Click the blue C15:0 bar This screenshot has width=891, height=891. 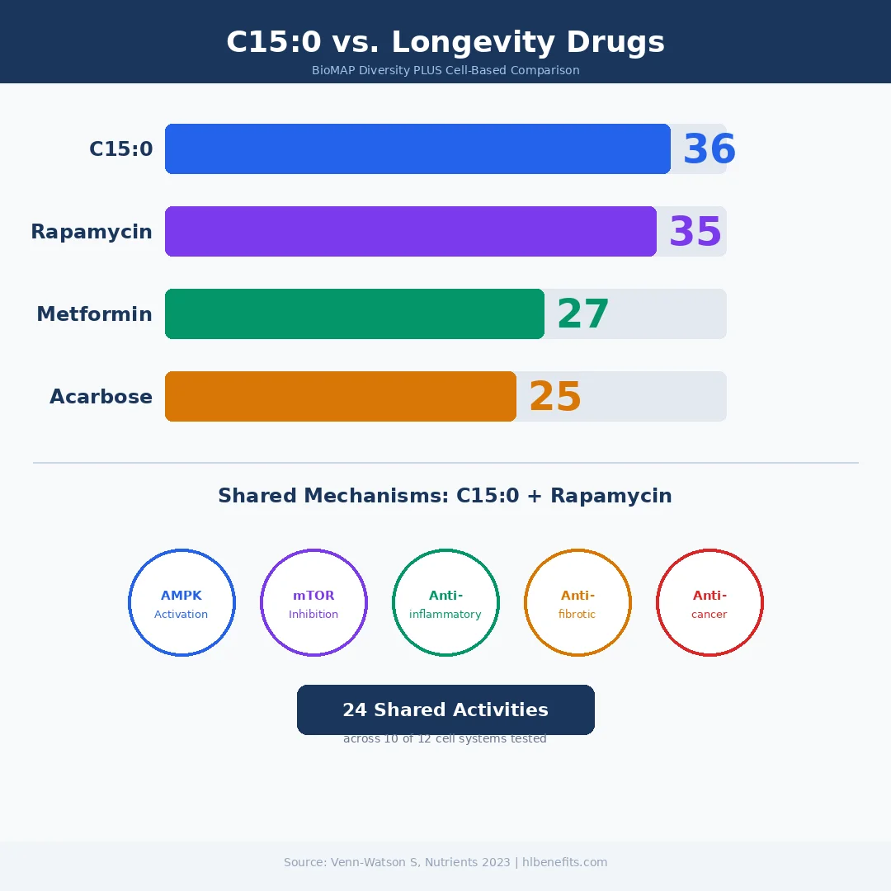(x=417, y=149)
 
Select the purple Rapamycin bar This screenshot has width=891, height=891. (x=411, y=232)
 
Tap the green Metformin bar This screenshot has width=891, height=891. (x=355, y=314)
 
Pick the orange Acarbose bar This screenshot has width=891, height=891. (x=341, y=397)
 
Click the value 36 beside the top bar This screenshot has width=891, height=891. (x=709, y=150)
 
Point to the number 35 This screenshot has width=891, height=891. (x=695, y=233)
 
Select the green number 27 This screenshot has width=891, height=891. (x=582, y=315)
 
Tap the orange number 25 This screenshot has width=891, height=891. (x=554, y=398)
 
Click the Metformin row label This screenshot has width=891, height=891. (x=94, y=314)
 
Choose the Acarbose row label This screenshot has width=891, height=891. (x=101, y=397)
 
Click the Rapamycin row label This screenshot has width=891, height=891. (x=92, y=232)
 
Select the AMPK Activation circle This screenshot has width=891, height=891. (x=181, y=603)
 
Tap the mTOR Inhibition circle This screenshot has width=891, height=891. (x=313, y=603)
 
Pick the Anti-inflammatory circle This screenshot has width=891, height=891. (x=445, y=603)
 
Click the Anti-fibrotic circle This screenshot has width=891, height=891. (x=577, y=603)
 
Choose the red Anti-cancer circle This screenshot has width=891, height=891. (x=709, y=603)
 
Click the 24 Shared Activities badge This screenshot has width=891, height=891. (x=445, y=709)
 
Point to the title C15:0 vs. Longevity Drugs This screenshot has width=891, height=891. (x=445, y=42)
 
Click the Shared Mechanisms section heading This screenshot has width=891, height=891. (x=445, y=496)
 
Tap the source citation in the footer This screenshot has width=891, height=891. (x=445, y=862)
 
